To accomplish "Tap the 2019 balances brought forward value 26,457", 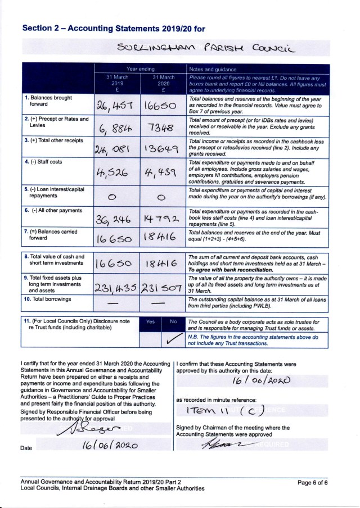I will [x=114, y=106].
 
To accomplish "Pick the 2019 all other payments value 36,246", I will [x=114, y=219].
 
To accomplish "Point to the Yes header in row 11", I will [x=150, y=322].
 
